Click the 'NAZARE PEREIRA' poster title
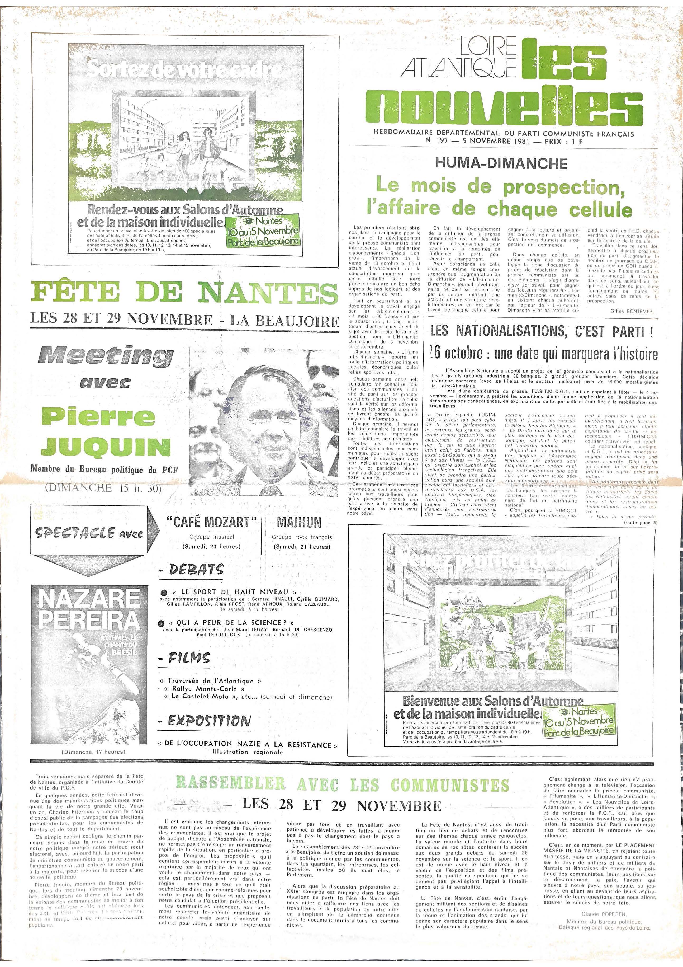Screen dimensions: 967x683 point(89,609)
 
